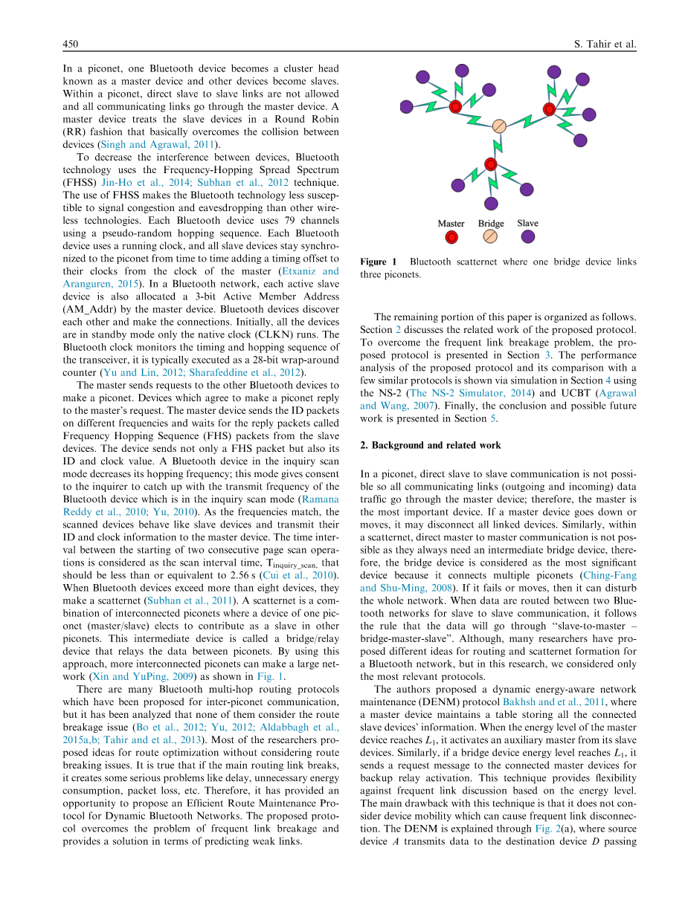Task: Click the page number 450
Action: pos(71,44)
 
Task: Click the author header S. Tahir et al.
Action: pos(605,44)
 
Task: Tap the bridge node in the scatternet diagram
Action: pos(500,126)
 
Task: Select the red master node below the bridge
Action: pos(490,163)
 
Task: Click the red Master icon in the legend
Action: pos(451,237)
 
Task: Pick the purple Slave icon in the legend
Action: pos(527,236)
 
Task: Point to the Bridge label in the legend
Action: pos(491,223)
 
